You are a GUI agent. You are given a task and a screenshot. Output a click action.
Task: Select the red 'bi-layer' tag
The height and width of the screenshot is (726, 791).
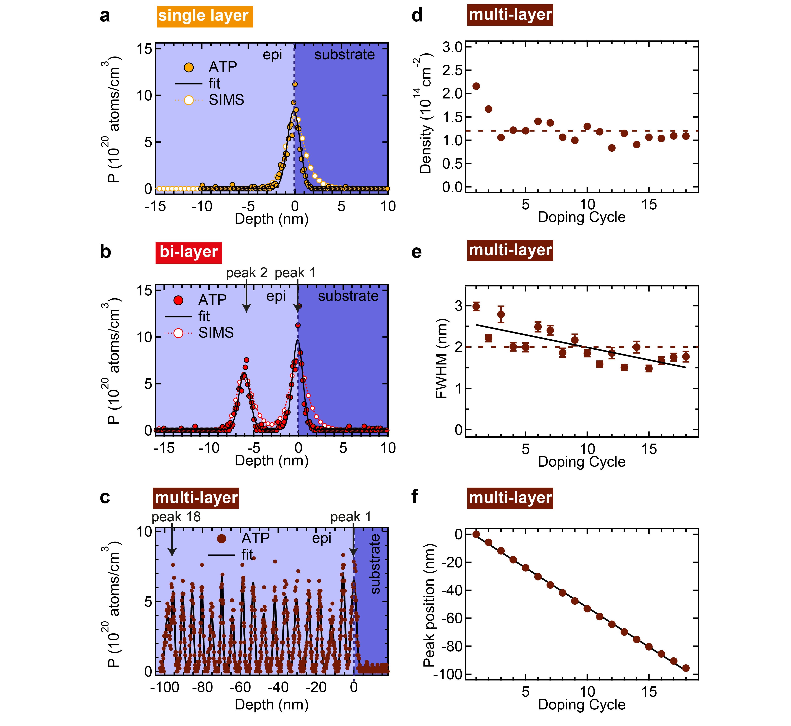pyautogui.click(x=189, y=252)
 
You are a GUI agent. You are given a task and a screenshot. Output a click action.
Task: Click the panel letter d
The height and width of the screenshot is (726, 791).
pyautogui.click(x=417, y=16)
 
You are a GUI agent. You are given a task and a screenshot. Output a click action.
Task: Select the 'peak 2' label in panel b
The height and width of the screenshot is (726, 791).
pyautogui.click(x=246, y=273)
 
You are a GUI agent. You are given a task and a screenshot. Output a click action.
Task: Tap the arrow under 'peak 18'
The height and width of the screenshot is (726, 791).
pyautogui.click(x=172, y=542)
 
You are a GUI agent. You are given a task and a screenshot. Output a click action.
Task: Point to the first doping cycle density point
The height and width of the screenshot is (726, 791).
pyautogui.click(x=476, y=86)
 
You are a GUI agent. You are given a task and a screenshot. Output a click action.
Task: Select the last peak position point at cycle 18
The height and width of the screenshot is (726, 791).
pyautogui.click(x=686, y=668)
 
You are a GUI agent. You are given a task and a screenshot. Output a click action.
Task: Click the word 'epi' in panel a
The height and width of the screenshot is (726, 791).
pyautogui.click(x=272, y=55)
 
